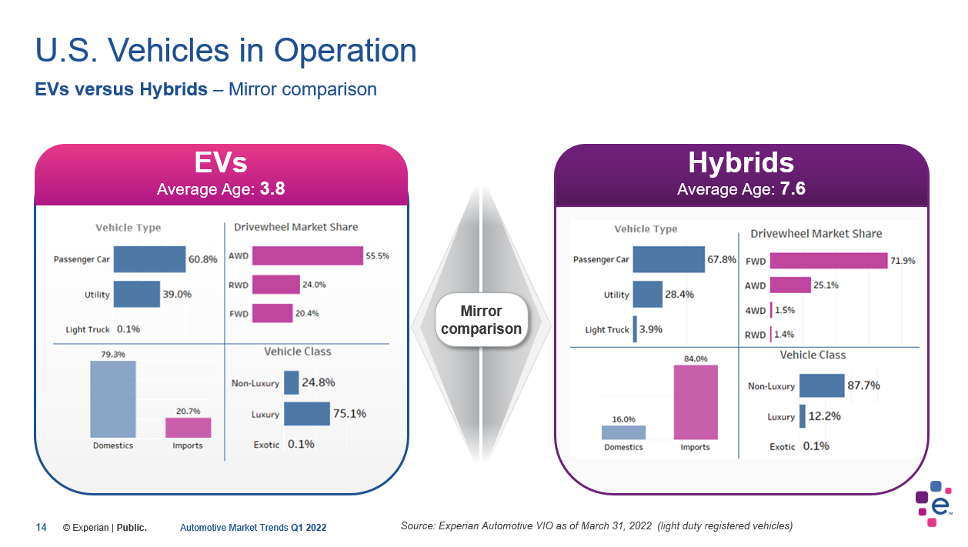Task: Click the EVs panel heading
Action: click(221, 163)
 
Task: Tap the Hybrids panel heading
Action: click(741, 163)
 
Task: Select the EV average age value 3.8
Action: click(272, 189)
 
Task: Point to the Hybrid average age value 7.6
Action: click(793, 189)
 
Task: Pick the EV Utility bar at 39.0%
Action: click(137, 294)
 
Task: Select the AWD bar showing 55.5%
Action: click(307, 256)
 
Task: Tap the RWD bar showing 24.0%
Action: click(275, 285)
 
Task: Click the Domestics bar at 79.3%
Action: click(113, 399)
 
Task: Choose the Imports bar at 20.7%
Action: click(188, 428)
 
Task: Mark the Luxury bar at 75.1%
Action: click(306, 414)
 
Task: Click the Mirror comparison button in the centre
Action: click(481, 320)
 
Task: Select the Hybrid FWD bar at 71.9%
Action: click(828, 261)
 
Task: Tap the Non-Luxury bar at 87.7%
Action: click(822, 385)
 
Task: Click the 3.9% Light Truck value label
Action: click(651, 329)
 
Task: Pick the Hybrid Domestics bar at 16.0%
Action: click(623, 432)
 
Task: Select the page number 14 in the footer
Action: click(41, 528)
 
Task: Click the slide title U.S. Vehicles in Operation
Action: click(226, 51)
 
